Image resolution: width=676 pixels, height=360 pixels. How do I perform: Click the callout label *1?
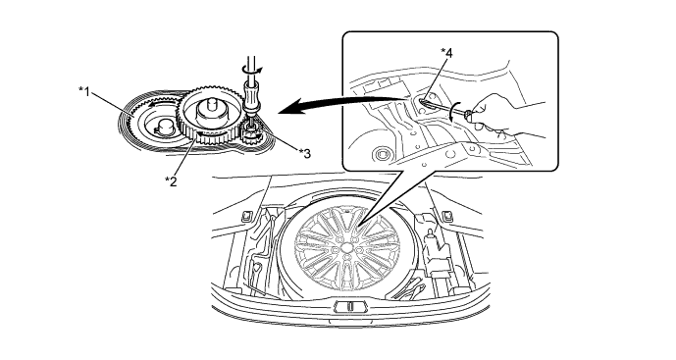(84, 91)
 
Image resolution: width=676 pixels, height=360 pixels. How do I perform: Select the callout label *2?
(171, 181)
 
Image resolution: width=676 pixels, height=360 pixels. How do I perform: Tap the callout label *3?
(305, 153)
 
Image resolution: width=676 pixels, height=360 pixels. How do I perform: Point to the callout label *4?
(446, 53)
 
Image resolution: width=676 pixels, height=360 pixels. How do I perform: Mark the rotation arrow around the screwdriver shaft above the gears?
(251, 69)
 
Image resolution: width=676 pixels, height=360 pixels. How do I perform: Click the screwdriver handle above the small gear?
(250, 96)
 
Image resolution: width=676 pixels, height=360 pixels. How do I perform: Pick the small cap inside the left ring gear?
(163, 127)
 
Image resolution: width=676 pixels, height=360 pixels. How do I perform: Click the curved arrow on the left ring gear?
(160, 102)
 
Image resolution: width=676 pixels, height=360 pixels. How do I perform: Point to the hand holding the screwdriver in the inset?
(504, 116)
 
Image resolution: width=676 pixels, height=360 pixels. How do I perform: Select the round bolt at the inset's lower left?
(381, 153)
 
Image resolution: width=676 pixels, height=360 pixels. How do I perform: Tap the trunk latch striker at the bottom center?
(349, 306)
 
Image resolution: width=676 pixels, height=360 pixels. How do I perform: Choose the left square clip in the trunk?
(247, 216)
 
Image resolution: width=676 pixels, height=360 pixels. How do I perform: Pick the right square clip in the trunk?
(447, 216)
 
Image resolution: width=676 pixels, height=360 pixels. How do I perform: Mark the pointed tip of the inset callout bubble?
(359, 224)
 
